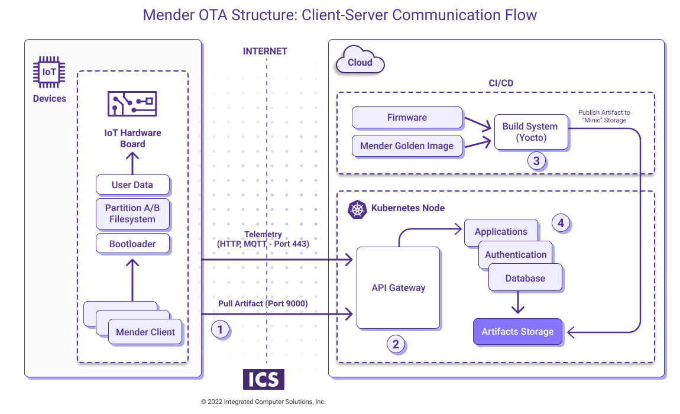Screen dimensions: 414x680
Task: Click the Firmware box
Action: [x=407, y=117]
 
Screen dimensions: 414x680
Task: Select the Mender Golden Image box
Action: [x=407, y=145]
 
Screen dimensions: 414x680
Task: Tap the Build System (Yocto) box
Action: [x=530, y=132]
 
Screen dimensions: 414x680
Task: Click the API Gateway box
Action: [x=398, y=288]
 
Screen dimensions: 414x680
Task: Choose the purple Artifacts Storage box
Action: [x=517, y=332]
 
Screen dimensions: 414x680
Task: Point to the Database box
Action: [x=525, y=279]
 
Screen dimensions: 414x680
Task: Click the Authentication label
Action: [x=516, y=255]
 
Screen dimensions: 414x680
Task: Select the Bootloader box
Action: [x=132, y=244]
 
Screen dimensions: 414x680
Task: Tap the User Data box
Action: [x=132, y=185]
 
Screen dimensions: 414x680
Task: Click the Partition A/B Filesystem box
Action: [x=132, y=214]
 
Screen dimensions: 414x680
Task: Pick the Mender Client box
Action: [x=145, y=332]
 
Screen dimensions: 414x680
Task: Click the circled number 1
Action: [x=220, y=329]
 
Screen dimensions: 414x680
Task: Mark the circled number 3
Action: [x=537, y=161]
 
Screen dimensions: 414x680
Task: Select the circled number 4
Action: [x=561, y=223]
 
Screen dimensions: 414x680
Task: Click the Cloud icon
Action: [x=360, y=62]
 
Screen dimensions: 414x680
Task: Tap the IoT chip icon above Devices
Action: [x=49, y=72]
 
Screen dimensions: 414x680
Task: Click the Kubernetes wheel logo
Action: [x=357, y=209]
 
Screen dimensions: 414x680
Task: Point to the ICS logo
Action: [x=263, y=379]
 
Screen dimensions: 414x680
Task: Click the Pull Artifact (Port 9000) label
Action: [x=263, y=303]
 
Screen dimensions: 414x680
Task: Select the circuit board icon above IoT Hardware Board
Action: [x=132, y=104]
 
